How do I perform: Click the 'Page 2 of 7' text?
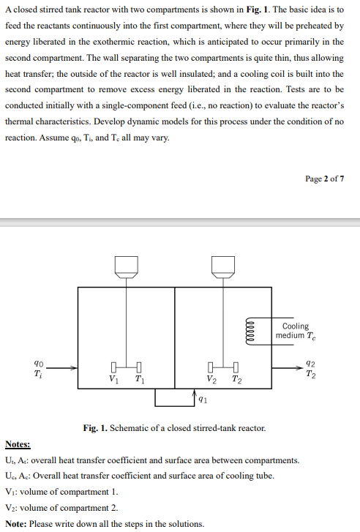324,179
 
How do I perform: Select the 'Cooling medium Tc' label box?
295,331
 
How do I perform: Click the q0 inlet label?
38,362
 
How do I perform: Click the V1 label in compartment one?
113,379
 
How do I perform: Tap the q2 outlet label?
311,362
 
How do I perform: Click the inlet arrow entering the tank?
62,368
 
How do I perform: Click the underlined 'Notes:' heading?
18,444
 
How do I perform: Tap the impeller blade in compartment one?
127,367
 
